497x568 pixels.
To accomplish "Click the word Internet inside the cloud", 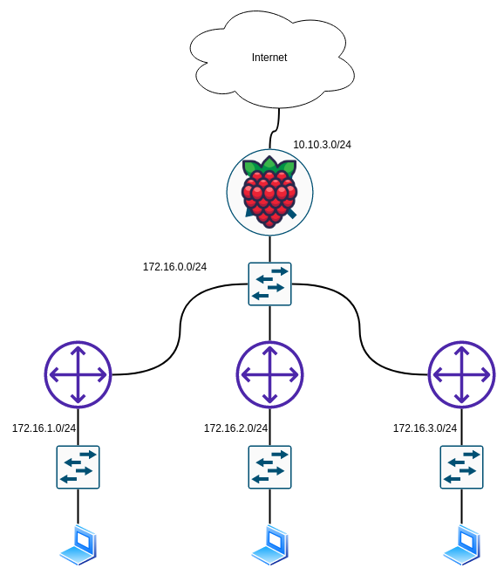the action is (269, 58).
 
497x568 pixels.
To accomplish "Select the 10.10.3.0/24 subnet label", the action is (322, 145).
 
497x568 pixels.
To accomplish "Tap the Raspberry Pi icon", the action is (269, 192).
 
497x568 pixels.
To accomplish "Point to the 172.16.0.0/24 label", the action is (174, 267).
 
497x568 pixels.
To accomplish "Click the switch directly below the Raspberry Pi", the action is (269, 284).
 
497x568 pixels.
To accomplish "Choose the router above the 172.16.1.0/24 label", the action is (78, 374).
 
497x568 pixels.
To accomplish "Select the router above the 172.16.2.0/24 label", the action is (269, 374).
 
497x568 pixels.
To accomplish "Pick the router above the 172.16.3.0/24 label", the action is (461, 374).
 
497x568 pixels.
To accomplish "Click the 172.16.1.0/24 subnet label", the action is (44, 428).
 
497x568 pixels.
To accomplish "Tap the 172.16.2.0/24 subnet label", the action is (235, 428).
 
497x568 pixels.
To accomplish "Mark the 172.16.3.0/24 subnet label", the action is (425, 428).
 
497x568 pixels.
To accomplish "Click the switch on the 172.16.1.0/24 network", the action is (78, 468).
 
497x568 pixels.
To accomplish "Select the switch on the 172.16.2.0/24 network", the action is (269, 468).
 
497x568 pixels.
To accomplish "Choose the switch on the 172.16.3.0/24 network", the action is (461, 468).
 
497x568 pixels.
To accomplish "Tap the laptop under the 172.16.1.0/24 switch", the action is (78, 544).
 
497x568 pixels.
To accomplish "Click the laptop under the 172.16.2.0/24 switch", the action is (270, 544).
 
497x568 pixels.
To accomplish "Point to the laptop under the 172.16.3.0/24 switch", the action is (462, 544).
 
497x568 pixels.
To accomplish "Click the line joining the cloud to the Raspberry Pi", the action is (275, 129).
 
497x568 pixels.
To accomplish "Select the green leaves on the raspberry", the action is (269, 167).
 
